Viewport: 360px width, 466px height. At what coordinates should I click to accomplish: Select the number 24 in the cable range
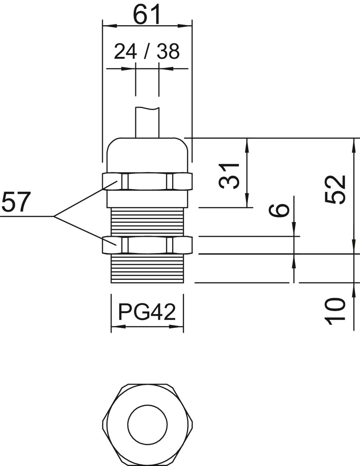(x=125, y=52)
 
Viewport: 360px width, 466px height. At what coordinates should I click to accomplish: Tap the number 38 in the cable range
(x=168, y=52)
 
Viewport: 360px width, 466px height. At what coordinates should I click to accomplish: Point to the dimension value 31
(x=229, y=176)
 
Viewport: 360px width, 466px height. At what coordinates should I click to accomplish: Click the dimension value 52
(x=335, y=190)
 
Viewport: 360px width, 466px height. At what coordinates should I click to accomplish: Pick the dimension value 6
(x=279, y=210)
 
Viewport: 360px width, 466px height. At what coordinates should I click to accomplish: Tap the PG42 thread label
(x=147, y=312)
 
